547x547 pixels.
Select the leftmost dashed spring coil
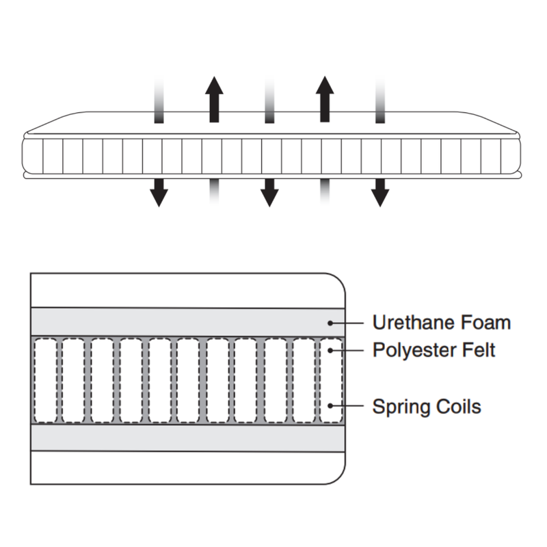(x=45, y=380)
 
